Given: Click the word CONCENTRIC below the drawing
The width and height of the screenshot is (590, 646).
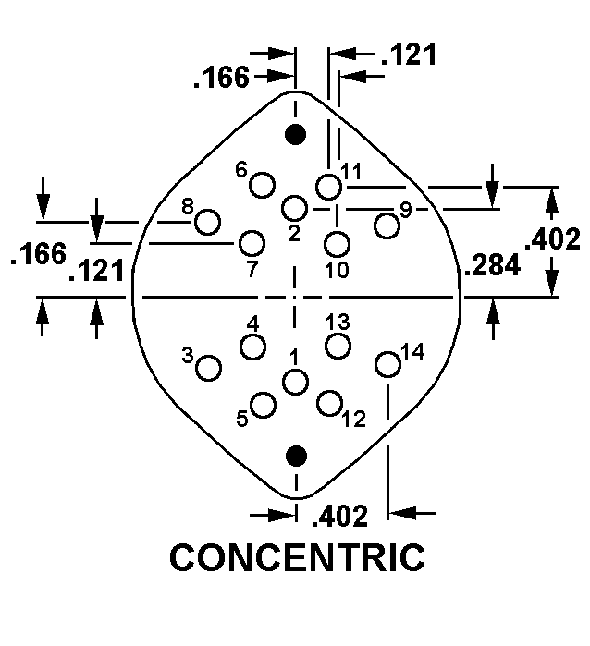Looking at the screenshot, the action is [x=297, y=557].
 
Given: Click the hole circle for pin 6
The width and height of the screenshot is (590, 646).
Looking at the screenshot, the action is [x=263, y=185].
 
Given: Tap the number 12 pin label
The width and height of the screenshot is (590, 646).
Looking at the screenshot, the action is [x=354, y=420].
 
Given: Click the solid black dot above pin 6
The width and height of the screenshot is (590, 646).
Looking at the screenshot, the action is [x=296, y=134].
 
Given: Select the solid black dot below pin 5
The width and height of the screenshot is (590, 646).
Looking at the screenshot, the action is [x=296, y=456].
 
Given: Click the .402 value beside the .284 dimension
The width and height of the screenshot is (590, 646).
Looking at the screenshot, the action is [x=552, y=238].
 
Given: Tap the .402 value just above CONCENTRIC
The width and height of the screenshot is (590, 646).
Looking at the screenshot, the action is [x=339, y=517].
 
